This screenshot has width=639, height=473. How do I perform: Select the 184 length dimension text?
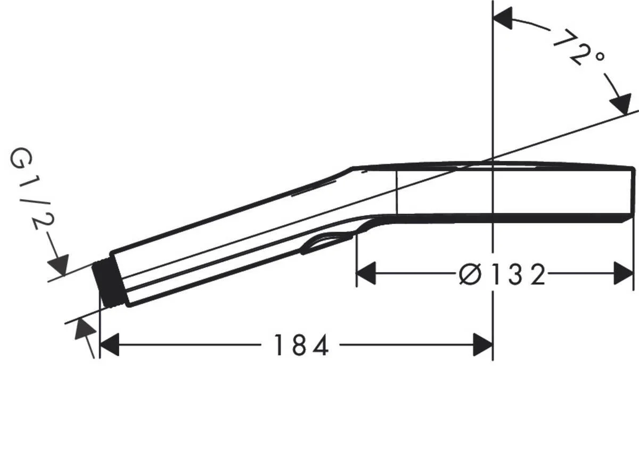(301, 346)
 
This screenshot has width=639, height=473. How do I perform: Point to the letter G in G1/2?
(21, 159)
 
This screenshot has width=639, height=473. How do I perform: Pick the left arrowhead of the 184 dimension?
(109, 346)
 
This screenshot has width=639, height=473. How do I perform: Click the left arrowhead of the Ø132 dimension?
(366, 274)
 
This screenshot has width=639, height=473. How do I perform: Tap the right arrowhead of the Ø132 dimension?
(623, 274)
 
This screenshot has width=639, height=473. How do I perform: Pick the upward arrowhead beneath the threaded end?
(84, 329)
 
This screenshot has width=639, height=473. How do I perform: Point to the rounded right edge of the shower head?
(633, 192)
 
